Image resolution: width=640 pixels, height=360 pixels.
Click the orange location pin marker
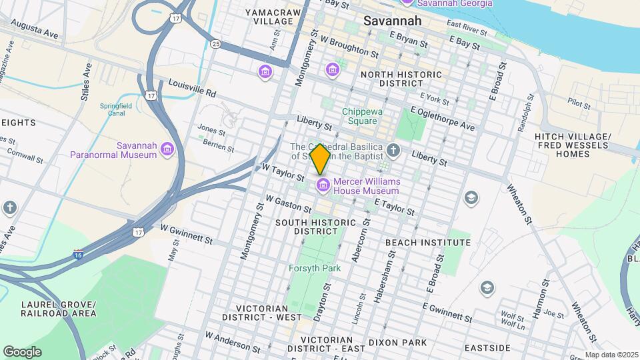[321, 159]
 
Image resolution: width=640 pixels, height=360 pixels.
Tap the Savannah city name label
[393, 21]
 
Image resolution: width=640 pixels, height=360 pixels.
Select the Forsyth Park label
[315, 268]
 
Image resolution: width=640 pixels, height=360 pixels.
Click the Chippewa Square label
[363, 117]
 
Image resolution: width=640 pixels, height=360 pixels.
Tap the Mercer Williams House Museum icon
[323, 184]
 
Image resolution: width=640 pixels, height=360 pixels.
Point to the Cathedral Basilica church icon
[393, 150]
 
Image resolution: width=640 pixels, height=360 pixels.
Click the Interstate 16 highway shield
[79, 254]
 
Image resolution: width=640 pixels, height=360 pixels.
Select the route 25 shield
[215, 44]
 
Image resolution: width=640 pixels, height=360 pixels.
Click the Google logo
[22, 351]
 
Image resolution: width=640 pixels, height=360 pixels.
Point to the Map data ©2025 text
[610, 355]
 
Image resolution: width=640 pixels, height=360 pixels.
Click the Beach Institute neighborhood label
[428, 243]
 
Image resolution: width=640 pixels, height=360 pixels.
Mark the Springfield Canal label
[116, 109]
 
